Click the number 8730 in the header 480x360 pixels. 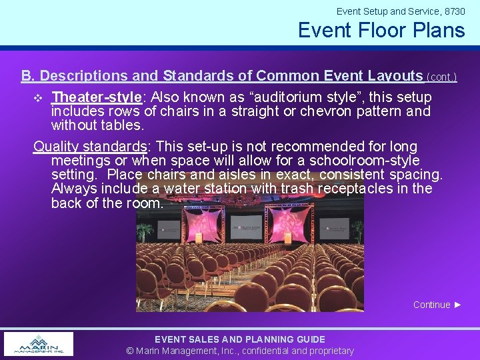(x=454, y=11)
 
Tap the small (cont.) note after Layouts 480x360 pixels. (x=441, y=77)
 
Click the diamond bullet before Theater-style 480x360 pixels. (x=38, y=98)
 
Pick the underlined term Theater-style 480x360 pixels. (x=96, y=97)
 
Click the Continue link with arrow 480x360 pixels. (x=437, y=305)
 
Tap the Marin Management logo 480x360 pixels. (x=39, y=344)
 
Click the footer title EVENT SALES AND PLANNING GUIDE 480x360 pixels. (x=240, y=339)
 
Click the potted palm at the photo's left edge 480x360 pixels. (x=143, y=231)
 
